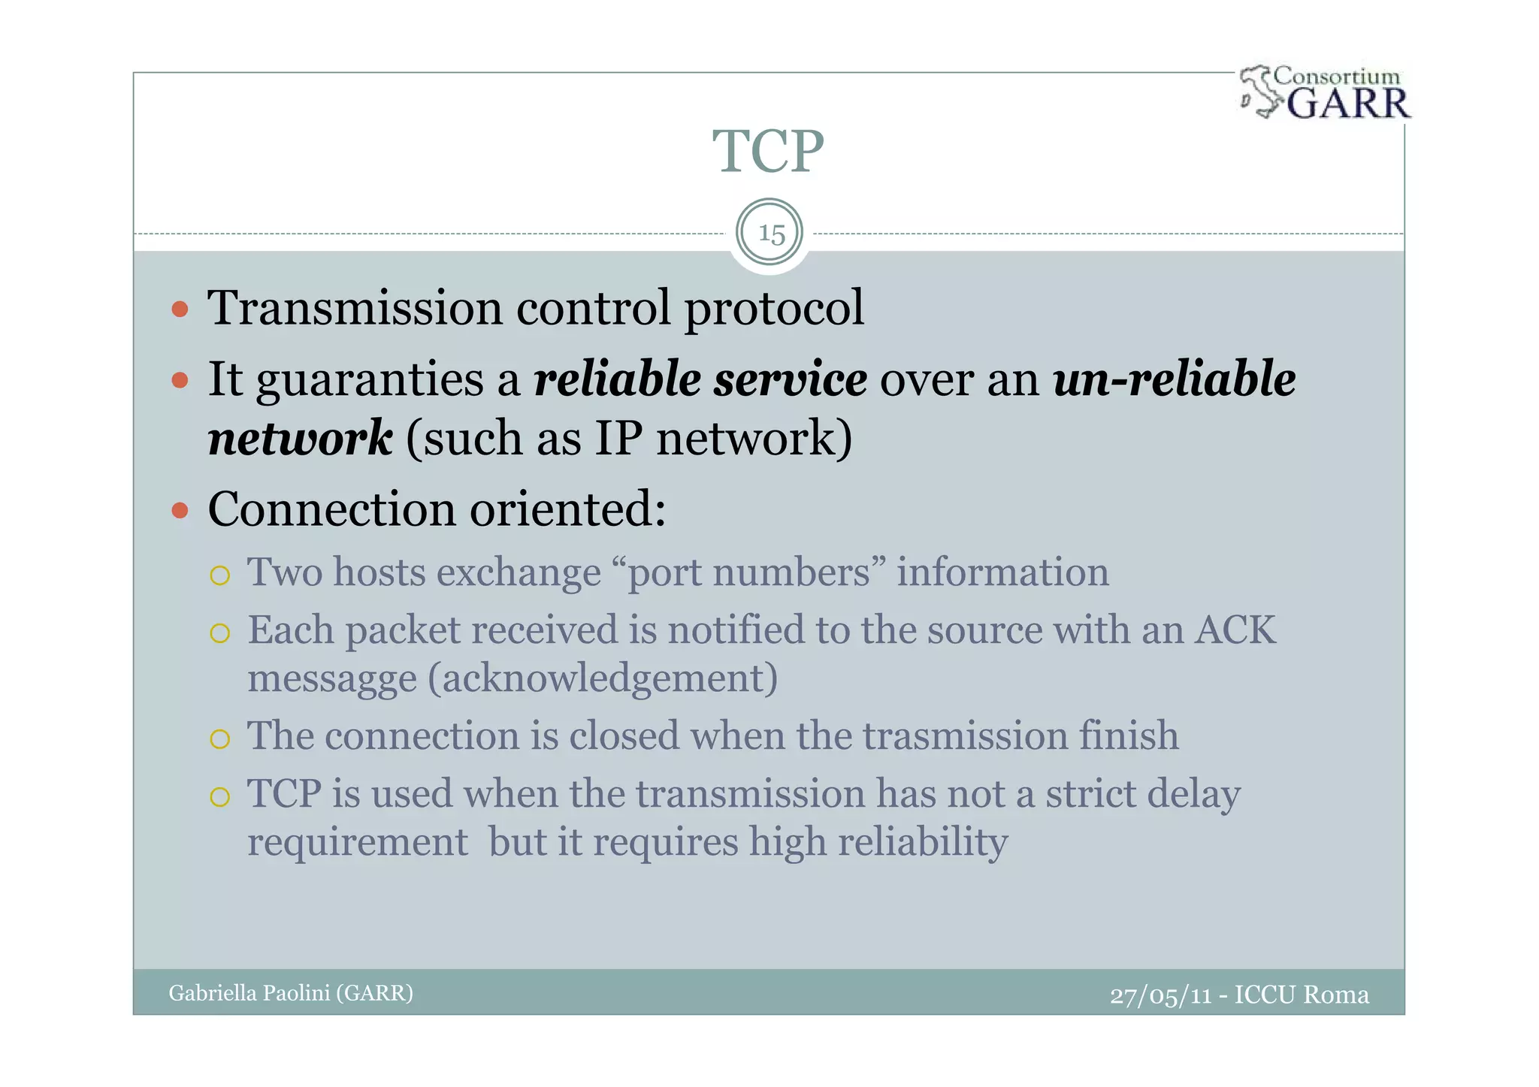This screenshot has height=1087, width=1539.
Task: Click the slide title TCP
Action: pyautogui.click(x=768, y=152)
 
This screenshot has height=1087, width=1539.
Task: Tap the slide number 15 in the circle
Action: pyautogui.click(x=771, y=234)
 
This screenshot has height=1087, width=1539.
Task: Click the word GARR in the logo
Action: pyautogui.click(x=1348, y=104)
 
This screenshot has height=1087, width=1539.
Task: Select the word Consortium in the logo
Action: pyautogui.click(x=1337, y=76)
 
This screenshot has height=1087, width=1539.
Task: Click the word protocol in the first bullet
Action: pyautogui.click(x=774, y=308)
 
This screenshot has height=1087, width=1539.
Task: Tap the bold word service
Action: pyautogui.click(x=790, y=379)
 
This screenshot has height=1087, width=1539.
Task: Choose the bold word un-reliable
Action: pyautogui.click(x=1174, y=379)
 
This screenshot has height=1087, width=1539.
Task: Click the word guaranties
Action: pyautogui.click(x=370, y=380)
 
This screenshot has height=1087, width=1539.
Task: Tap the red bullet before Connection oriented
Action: pyautogui.click(x=180, y=511)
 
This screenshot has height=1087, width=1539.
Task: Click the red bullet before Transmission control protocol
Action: pyautogui.click(x=180, y=309)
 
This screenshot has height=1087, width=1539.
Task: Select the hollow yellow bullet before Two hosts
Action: pyautogui.click(x=219, y=575)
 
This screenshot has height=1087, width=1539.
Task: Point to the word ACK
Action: pyautogui.click(x=1235, y=630)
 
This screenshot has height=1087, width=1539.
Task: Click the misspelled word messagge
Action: pyautogui.click(x=331, y=678)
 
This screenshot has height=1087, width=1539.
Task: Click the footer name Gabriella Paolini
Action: pyautogui.click(x=249, y=993)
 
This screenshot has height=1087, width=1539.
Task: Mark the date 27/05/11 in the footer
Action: pyautogui.click(x=1160, y=995)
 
